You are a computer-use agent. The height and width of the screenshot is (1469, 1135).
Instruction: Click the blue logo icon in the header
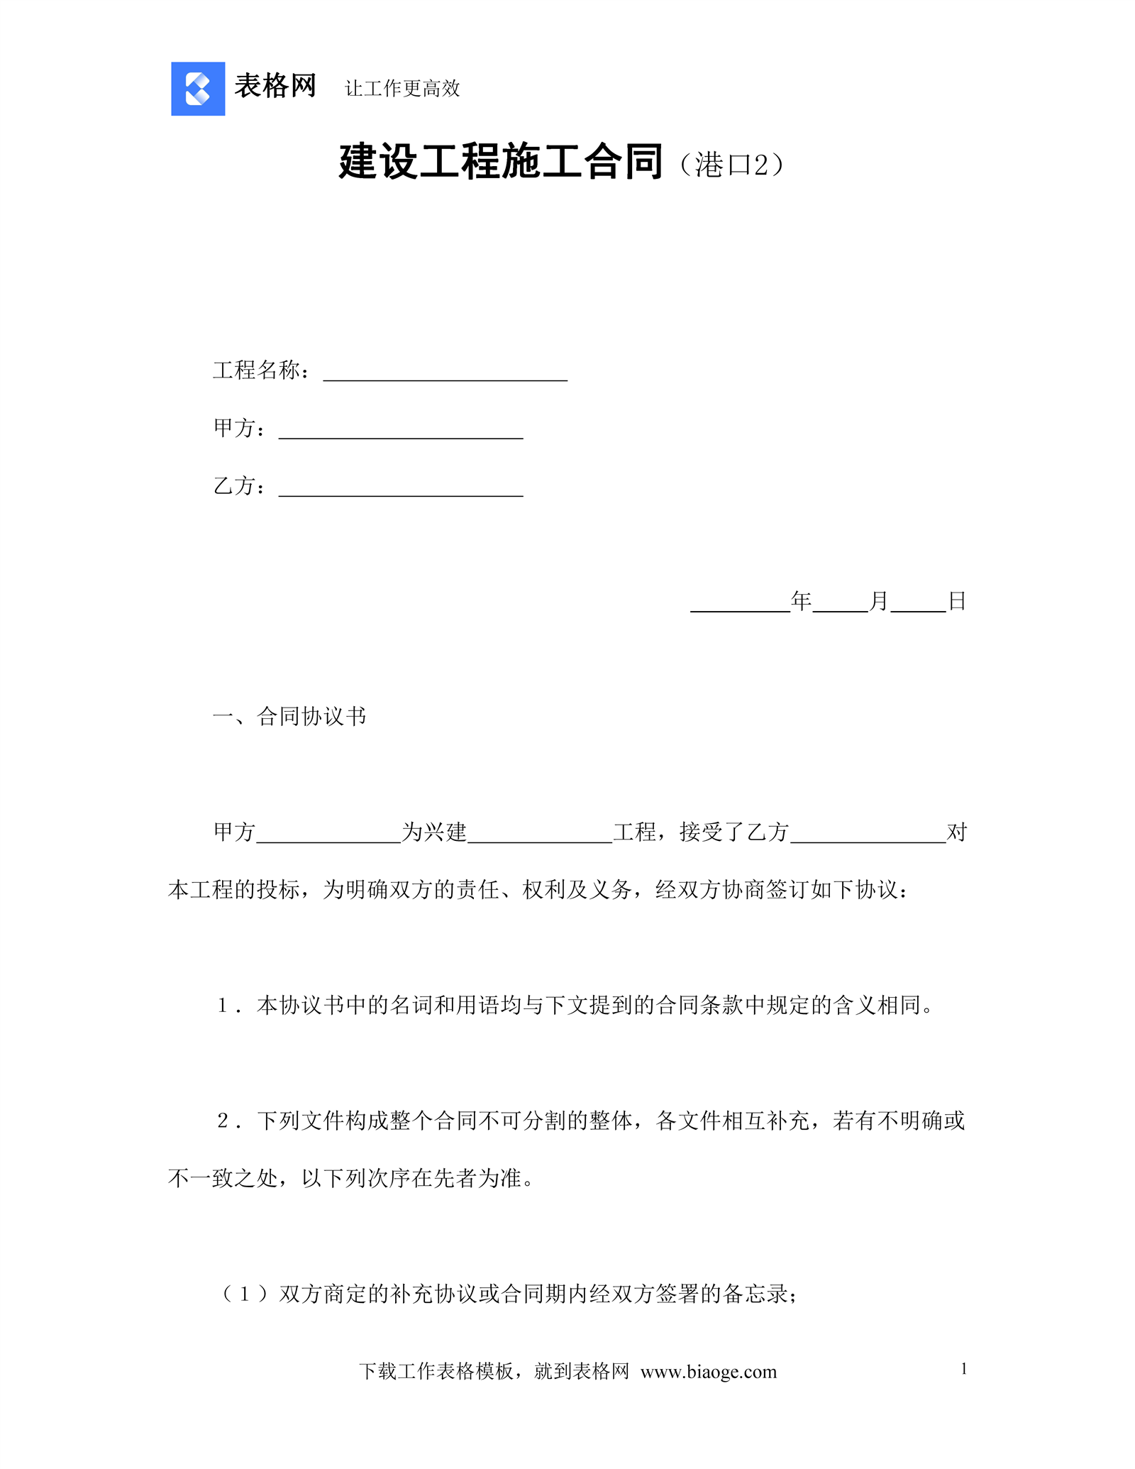coord(198,89)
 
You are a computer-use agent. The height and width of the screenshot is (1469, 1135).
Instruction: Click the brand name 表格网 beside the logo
coord(275,87)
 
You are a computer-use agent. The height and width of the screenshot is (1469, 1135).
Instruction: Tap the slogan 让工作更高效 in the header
coord(402,89)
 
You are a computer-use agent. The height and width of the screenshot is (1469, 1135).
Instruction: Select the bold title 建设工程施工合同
coord(501,162)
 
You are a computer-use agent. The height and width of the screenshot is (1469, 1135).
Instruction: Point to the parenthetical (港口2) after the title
coord(731,165)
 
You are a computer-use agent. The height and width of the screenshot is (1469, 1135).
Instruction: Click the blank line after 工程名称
coord(445,373)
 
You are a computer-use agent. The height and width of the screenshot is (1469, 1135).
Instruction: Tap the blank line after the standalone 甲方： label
coord(401,431)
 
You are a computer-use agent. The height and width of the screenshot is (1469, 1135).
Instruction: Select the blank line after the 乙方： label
coord(401,488)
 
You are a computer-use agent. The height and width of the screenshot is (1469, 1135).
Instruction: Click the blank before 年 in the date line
coord(740,603)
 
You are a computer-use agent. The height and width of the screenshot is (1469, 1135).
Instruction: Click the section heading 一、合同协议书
coord(289,717)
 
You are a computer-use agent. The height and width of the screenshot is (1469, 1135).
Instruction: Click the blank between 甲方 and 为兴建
coord(328,834)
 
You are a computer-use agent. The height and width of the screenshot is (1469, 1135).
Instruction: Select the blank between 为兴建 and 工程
coord(540,834)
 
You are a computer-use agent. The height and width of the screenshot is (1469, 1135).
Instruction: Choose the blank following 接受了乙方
coord(868,834)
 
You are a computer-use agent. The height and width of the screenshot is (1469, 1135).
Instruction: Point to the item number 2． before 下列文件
coord(230,1121)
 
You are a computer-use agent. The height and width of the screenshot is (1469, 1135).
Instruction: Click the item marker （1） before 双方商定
coord(245,1294)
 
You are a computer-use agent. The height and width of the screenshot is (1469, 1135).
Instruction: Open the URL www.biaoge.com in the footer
coord(708,1372)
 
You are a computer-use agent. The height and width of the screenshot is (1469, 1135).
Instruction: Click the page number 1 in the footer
coord(964,1369)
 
